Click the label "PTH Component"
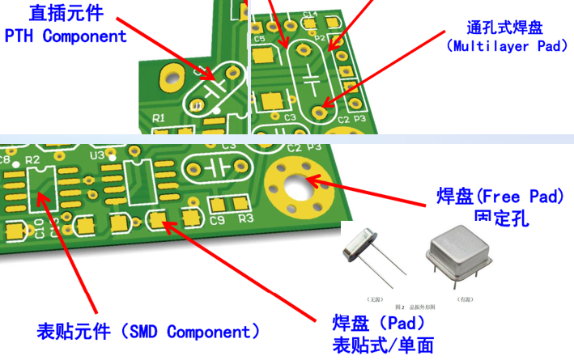pos(66,36)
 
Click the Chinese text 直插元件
pos(66,14)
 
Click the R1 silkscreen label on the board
pos(159,119)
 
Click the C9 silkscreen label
pos(217,220)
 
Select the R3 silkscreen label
pos(246,218)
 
